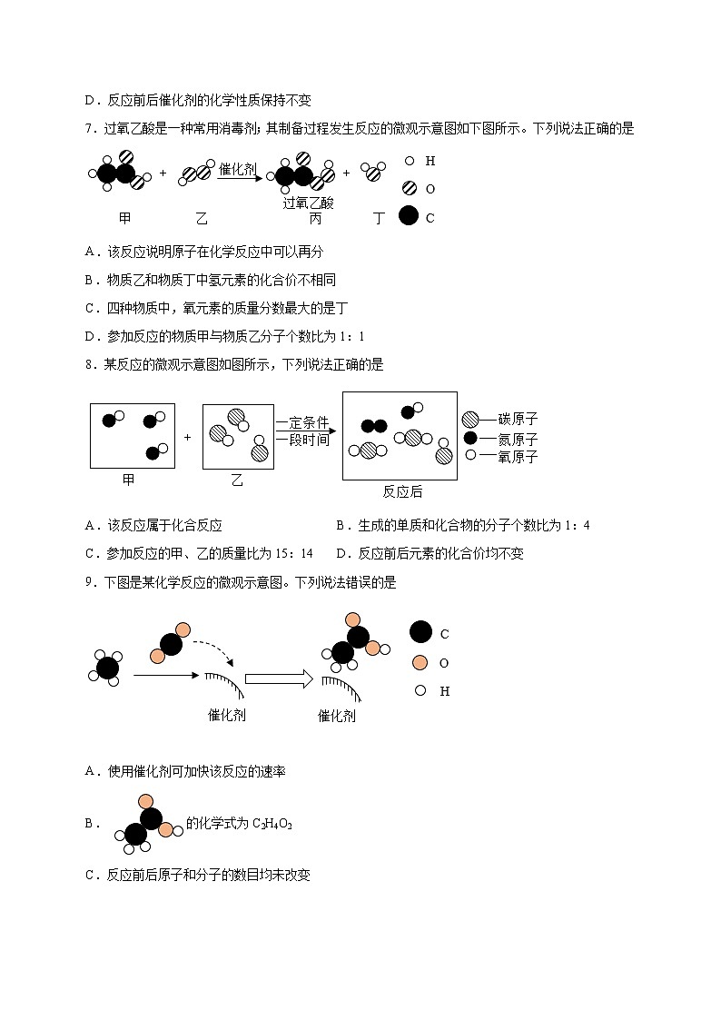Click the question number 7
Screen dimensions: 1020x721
88,129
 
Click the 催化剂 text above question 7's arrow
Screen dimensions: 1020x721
238,168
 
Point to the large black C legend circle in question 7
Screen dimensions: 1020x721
409,216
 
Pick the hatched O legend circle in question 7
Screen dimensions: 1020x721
409,188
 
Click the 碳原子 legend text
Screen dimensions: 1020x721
518,419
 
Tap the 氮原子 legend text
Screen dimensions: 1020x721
518,438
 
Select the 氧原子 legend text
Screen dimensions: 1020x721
518,457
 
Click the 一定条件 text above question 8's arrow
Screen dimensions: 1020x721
301,422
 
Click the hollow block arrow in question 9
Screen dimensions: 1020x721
278,678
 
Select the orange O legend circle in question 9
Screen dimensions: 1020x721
420,662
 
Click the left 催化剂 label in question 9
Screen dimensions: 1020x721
227,715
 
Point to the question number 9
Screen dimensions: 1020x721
88,582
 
